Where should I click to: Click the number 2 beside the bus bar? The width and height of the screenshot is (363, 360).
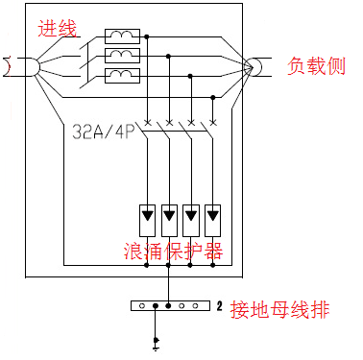tap(220, 307)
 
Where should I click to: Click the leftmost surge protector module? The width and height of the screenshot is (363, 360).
tap(148, 217)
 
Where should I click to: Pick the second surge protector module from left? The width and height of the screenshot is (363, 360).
tap(170, 217)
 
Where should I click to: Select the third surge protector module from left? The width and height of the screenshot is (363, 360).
tap(192, 217)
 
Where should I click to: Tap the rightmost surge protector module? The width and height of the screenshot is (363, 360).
tap(213, 217)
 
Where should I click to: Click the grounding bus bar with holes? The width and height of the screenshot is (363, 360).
tap(170, 307)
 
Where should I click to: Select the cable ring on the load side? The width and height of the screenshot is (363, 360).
tap(254, 66)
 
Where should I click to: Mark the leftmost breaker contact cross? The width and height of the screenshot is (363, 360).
tap(148, 122)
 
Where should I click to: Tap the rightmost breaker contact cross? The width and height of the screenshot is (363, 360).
tap(212, 122)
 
